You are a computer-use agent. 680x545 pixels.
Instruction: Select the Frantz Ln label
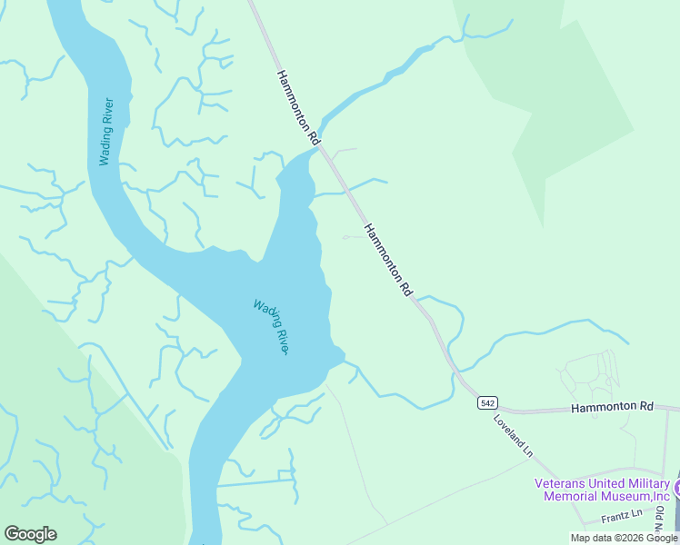point(622,516)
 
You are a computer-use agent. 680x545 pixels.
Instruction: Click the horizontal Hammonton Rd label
point(612,408)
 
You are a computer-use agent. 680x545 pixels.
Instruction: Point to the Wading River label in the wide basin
point(271,327)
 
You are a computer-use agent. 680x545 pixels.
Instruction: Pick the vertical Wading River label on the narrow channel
point(106,131)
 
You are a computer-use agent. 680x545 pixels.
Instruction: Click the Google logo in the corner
point(30,534)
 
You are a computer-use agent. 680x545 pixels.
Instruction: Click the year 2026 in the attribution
point(632,538)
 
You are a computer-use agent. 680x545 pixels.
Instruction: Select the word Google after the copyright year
point(662,538)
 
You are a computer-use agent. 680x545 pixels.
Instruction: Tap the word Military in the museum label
point(647,483)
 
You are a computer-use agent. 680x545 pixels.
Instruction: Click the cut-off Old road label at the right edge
point(660,519)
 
